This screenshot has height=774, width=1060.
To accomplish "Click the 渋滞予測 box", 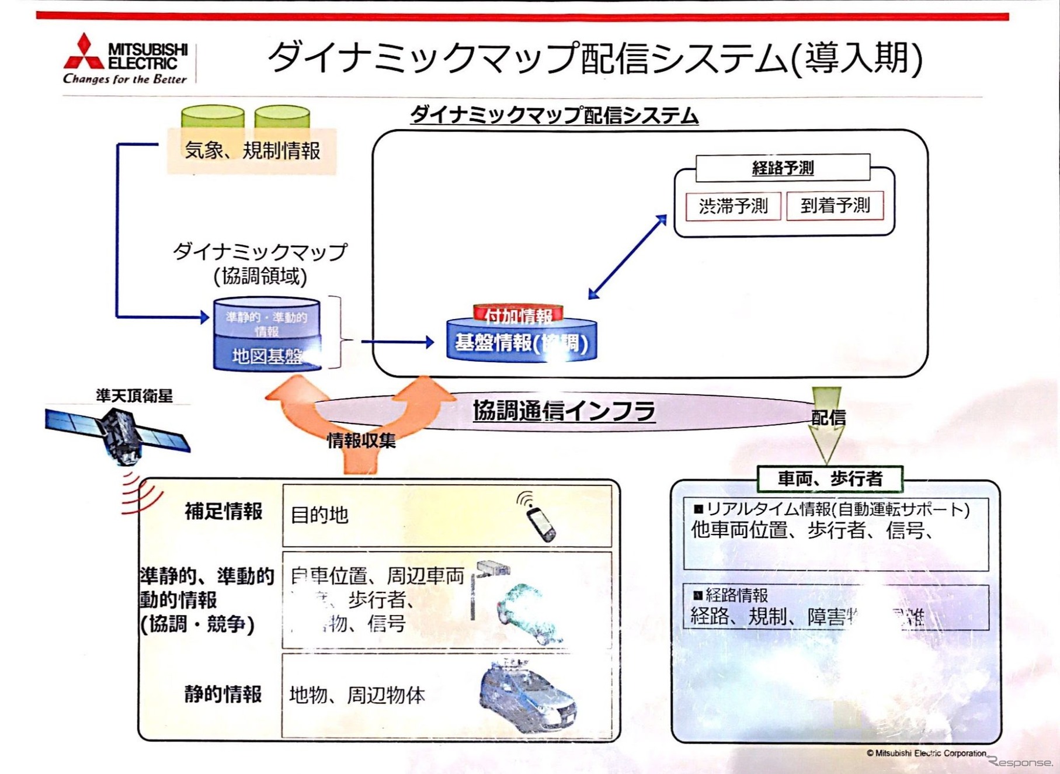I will tap(733, 206).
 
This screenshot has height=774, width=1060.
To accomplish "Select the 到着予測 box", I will tap(835, 206).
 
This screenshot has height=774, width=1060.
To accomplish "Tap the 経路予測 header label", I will tap(783, 168).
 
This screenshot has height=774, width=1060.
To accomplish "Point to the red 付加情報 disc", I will tap(518, 314).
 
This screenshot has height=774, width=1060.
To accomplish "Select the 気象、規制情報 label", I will tap(252, 151).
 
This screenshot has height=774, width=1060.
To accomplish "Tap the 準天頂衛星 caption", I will tap(134, 395).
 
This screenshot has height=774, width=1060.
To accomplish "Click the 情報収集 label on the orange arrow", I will tap(361, 440).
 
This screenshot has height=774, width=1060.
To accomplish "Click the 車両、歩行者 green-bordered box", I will tap(830, 479).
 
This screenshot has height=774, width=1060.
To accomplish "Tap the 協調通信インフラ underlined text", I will tap(563, 411).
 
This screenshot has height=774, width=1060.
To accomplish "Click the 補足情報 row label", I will tap(223, 511).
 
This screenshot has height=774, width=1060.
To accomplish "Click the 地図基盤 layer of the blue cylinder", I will tap(267, 355).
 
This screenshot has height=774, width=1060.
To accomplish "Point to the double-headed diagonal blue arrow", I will tap(627, 257).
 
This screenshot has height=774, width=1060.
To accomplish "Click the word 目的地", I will tap(319, 515).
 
